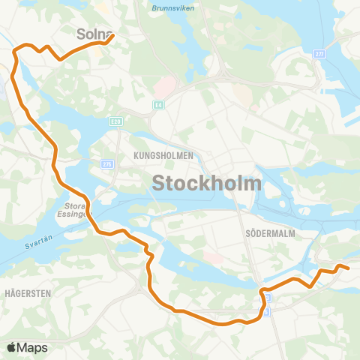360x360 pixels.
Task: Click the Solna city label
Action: tap(93, 34)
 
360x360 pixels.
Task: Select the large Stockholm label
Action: tap(207, 183)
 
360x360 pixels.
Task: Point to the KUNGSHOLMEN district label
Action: tap(163, 155)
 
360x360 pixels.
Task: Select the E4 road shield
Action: tap(158, 105)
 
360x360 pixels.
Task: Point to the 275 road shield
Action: tap(107, 163)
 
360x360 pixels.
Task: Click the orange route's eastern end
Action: tap(349, 268)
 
